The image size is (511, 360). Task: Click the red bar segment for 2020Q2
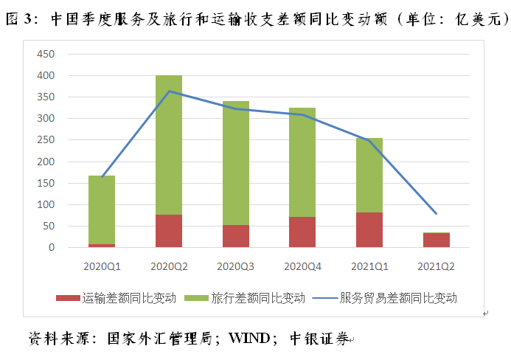pos(169,231)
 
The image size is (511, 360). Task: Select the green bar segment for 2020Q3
pos(236,163)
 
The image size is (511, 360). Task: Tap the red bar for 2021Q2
pos(437,240)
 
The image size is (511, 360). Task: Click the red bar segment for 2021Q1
pos(369,229)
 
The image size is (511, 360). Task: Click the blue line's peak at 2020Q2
pos(169,91)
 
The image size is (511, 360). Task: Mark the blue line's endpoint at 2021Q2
pos(437,213)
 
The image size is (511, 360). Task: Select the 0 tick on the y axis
pos(52,248)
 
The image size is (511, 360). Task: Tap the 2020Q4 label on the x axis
pos(302,265)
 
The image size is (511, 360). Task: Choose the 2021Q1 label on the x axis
pos(369,265)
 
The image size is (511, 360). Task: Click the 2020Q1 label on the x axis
pos(102,265)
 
